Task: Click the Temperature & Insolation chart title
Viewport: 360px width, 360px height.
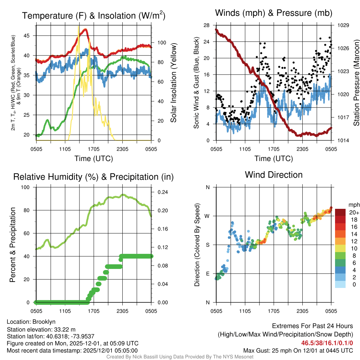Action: pos(94,15)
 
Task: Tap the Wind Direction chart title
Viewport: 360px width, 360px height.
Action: pos(274,175)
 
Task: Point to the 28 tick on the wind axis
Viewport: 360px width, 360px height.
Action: pos(206,25)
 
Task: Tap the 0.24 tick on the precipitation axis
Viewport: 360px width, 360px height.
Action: pos(164,192)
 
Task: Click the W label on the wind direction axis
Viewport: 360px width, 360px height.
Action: pos(207,216)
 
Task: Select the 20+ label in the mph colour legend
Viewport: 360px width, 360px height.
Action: pos(354,213)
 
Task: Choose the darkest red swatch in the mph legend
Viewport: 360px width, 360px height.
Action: pos(341,212)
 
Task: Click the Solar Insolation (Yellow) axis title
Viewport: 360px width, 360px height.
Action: pos(173,83)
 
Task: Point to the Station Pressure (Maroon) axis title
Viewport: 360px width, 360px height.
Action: pos(356,83)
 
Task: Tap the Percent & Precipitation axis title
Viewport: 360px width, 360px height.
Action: pos(13,245)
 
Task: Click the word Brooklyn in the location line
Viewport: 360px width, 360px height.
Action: pos(44,322)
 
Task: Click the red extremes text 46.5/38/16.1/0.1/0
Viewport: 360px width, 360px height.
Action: pos(327,343)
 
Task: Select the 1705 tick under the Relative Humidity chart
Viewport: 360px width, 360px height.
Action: pos(94,311)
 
